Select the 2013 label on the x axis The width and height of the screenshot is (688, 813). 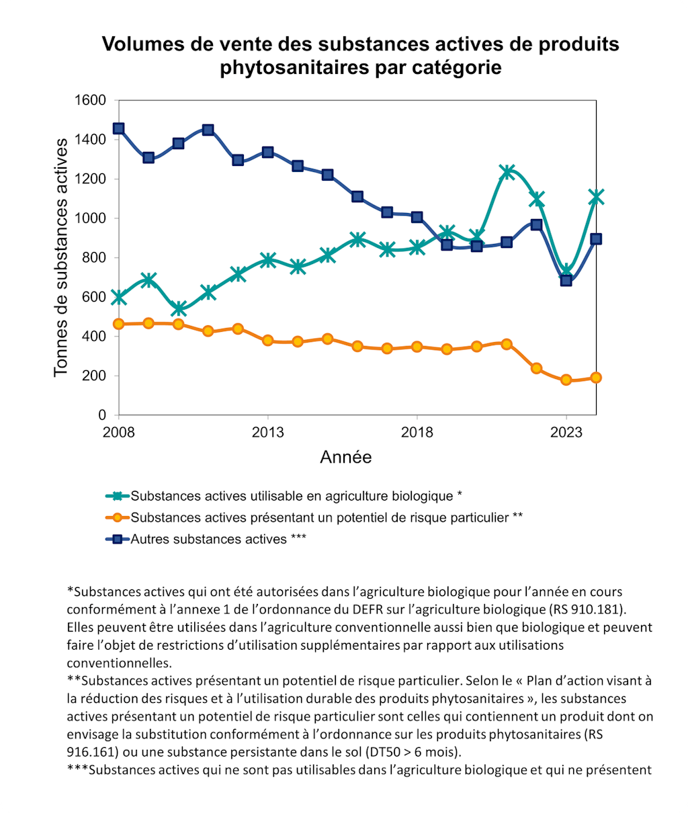tap(268, 432)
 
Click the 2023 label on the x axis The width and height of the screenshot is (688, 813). tap(566, 432)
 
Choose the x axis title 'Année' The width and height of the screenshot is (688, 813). tap(345, 458)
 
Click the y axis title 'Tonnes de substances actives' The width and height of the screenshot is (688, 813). tap(61, 257)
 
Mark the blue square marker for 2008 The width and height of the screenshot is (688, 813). tap(119, 128)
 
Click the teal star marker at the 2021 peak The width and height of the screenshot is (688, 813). tap(507, 172)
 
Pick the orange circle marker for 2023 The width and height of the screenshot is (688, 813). tap(566, 380)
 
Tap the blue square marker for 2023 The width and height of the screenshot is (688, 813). tap(566, 280)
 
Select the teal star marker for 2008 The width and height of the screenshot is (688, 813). tap(119, 297)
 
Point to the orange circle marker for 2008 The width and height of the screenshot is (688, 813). tap(119, 324)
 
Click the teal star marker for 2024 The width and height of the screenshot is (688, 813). tap(596, 197)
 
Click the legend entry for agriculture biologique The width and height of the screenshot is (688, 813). tap(296, 497)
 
